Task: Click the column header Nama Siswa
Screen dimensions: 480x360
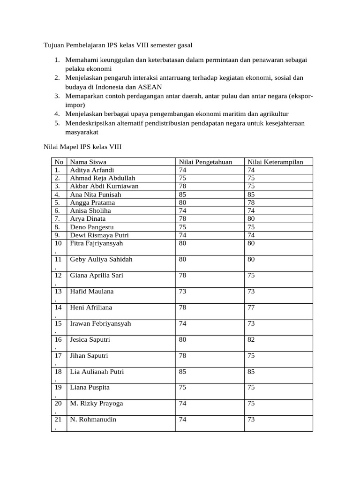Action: point(88,162)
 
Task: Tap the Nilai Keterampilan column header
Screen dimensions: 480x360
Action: point(275,162)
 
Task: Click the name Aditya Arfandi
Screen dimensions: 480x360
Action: point(92,170)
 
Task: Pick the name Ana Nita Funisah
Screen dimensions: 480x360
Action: point(95,194)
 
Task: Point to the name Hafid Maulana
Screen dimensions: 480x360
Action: point(92,292)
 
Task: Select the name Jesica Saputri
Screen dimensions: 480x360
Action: point(90,339)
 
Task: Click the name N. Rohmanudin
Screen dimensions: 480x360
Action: point(93,420)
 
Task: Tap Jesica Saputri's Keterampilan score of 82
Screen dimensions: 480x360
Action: point(251,339)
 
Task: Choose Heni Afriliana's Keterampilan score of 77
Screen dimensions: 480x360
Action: point(251,307)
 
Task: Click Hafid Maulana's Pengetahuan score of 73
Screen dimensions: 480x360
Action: point(182,292)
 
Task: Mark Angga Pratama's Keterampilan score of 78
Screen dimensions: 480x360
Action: point(251,202)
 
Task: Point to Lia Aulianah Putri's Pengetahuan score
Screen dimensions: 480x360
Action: point(182,372)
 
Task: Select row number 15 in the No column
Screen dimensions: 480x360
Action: point(58,323)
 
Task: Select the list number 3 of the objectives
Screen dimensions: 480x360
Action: point(56,96)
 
